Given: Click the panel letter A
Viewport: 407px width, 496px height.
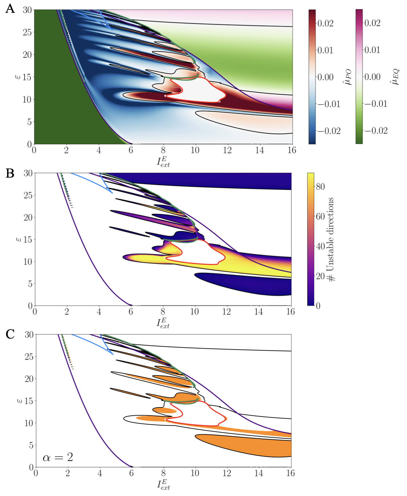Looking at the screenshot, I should point(10,8).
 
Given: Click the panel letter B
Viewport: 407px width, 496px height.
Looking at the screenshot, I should point(10,173).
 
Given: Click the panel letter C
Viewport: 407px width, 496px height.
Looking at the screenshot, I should point(10,334).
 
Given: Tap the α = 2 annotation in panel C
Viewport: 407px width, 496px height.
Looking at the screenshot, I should point(58,457).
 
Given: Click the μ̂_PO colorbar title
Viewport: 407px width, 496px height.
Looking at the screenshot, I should point(348,77).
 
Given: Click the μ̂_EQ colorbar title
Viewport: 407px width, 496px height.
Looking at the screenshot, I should point(394,77).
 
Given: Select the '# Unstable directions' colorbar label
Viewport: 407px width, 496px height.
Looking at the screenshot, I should point(331,239).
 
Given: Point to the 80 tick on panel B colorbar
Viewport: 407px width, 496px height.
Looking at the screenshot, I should point(320,186).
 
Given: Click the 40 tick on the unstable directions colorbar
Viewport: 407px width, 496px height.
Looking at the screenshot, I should point(320,246).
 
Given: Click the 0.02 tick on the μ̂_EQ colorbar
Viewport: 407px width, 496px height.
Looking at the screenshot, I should point(372,23).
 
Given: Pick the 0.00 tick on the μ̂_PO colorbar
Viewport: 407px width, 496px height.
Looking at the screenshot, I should point(325,77).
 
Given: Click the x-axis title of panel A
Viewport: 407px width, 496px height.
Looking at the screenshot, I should point(163,162).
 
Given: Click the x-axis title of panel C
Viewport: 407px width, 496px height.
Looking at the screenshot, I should point(163,484).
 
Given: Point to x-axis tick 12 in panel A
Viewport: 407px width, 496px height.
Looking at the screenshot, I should point(227,150).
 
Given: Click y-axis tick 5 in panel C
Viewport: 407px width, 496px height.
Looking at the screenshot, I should point(31,445).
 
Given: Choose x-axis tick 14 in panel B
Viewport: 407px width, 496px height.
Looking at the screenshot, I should point(258,312).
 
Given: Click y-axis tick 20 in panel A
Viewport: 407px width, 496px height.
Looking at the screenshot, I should point(27,55).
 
